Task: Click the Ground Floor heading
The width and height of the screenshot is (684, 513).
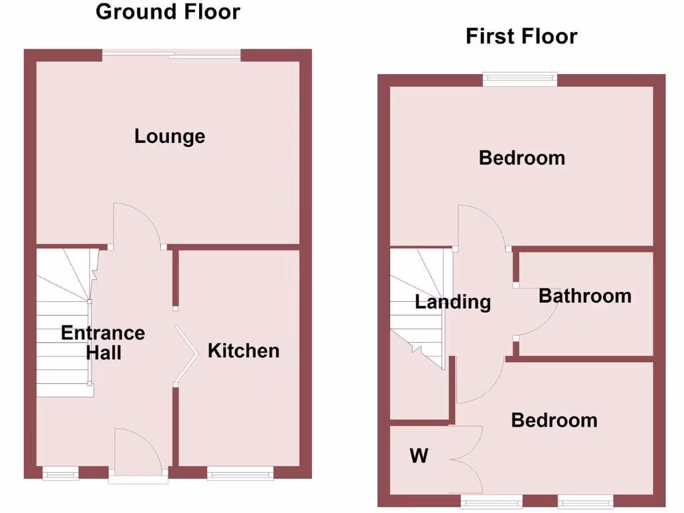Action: point(168,11)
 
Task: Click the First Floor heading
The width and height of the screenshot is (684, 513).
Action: point(521,35)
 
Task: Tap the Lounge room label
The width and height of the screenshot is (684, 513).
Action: point(170,136)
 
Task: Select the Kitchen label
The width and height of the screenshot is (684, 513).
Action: point(243,351)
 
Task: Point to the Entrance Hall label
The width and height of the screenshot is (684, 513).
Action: point(103,342)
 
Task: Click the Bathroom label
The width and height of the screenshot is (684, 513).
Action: point(584,296)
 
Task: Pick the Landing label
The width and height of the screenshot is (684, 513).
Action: point(453,302)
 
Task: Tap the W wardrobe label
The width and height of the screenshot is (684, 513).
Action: point(419,456)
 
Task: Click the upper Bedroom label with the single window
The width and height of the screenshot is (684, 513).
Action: point(522,158)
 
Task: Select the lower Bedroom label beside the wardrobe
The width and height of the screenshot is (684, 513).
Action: point(554,420)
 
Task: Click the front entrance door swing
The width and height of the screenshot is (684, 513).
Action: point(137,451)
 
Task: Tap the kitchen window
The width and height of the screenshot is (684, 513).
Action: point(240,474)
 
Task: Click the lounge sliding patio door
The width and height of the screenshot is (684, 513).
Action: point(172,55)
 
